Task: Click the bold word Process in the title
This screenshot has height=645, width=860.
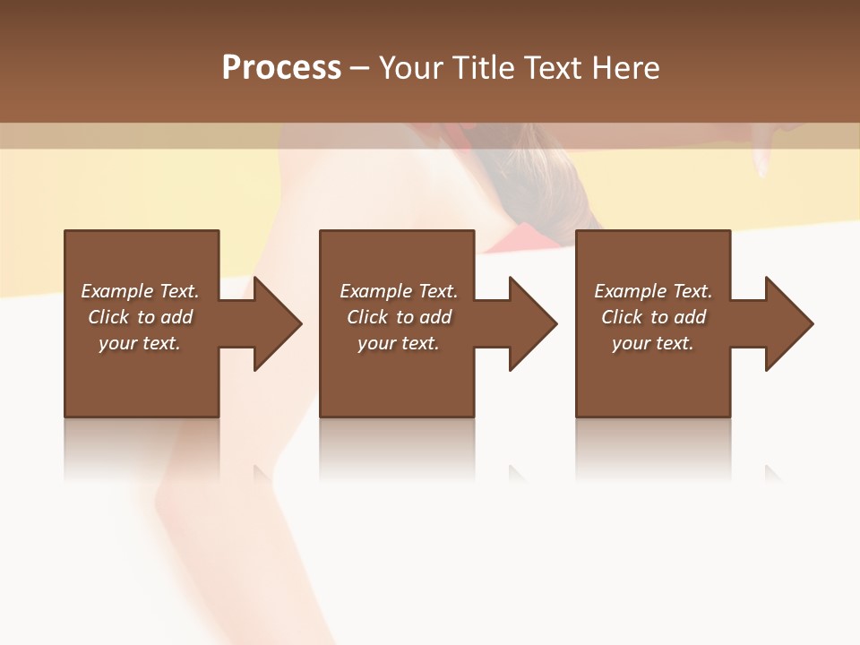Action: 281,68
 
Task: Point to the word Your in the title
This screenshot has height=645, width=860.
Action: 409,68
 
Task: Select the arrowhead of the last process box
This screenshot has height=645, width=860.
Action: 787,323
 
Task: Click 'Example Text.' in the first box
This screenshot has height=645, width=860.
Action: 140,291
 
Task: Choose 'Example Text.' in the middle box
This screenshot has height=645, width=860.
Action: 399,291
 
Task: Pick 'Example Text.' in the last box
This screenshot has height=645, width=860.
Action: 653,291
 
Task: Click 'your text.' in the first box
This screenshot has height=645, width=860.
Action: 140,343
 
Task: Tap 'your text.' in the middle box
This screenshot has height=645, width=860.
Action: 399,343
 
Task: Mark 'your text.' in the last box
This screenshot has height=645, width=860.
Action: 653,343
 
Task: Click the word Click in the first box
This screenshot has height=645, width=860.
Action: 108,317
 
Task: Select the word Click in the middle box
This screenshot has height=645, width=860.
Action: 367,317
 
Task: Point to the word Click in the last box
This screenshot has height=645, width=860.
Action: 622,317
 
